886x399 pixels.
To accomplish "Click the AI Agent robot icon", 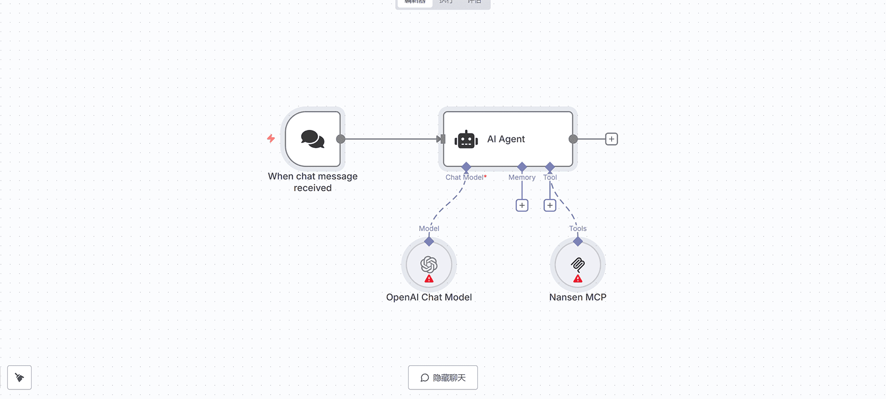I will click(466, 139).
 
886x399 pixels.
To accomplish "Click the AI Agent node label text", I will click(506, 139).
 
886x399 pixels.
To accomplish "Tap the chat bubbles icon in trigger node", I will click(313, 139).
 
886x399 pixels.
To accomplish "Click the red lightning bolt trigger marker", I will click(271, 138).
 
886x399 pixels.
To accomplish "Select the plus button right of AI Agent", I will click(611, 139).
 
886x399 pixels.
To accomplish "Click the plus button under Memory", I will click(522, 205).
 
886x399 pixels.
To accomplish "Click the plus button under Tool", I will click(550, 205).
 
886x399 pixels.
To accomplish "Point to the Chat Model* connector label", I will click(466, 177).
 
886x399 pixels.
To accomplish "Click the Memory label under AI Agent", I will click(522, 177).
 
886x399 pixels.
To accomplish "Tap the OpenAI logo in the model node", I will click(429, 263).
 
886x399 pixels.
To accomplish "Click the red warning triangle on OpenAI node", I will click(429, 279).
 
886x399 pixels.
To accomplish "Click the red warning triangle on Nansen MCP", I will click(578, 279).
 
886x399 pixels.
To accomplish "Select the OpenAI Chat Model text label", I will click(429, 297).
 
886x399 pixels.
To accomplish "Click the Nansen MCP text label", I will click(577, 297).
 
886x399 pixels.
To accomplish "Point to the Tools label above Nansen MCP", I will click(577, 229).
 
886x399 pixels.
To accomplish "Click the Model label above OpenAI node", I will click(429, 229).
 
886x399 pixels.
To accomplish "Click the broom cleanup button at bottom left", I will click(20, 377).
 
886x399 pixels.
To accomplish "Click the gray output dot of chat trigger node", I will click(341, 139).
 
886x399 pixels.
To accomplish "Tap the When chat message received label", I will click(313, 182).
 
